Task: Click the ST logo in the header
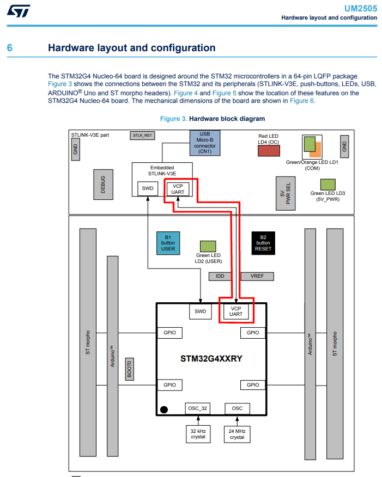click(x=19, y=10)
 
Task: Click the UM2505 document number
click(x=360, y=9)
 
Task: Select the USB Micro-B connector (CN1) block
click(x=205, y=143)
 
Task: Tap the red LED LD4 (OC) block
click(x=268, y=151)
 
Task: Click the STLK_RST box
click(x=141, y=135)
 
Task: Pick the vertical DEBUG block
click(x=103, y=184)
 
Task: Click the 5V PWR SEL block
click(x=286, y=193)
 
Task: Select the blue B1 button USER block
click(x=168, y=243)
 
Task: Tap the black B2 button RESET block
click(x=263, y=243)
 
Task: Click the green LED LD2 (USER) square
click(x=208, y=246)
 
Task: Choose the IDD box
click(x=220, y=276)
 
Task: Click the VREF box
click(x=257, y=276)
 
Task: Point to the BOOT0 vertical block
click(x=129, y=369)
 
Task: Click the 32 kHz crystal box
click(x=198, y=433)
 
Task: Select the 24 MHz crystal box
click(x=237, y=433)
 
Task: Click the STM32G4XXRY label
click(x=211, y=359)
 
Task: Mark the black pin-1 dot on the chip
click(x=163, y=409)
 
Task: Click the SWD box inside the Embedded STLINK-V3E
click(x=148, y=188)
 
